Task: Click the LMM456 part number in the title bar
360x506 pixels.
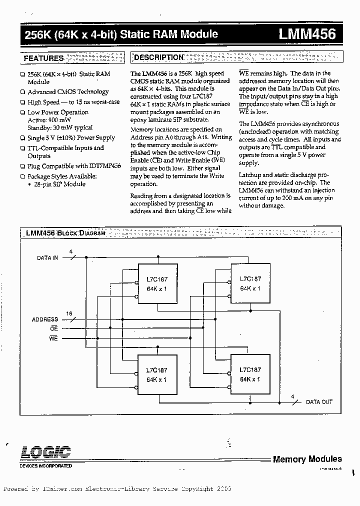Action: pyautogui.click(x=307, y=34)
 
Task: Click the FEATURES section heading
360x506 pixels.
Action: pyautogui.click(x=44, y=58)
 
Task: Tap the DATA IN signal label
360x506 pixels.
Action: pyautogui.click(x=47, y=258)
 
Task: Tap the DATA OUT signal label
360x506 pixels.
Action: pyautogui.click(x=319, y=402)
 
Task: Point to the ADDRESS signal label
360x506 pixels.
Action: pyautogui.click(x=45, y=319)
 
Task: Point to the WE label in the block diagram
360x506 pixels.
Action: pyautogui.click(x=53, y=338)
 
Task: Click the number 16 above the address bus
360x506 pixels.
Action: pyautogui.click(x=69, y=313)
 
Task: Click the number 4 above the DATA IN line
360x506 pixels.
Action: pyautogui.click(x=70, y=251)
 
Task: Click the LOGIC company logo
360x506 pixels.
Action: pyautogui.click(x=45, y=452)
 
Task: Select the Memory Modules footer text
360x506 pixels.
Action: pyautogui.click(x=307, y=459)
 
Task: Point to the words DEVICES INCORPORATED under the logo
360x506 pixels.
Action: pyautogui.click(x=45, y=465)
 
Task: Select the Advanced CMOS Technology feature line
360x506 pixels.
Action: pyautogui.click(x=68, y=92)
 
